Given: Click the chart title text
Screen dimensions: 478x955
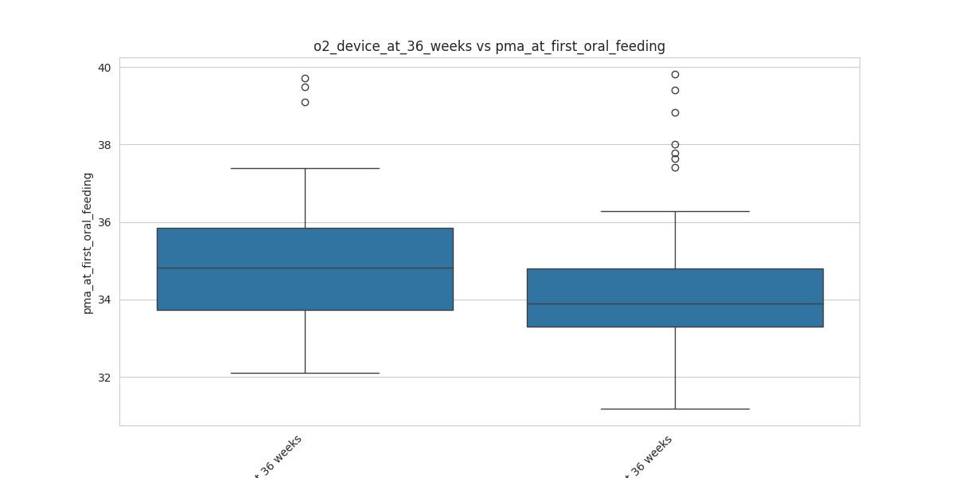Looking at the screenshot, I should [489, 46].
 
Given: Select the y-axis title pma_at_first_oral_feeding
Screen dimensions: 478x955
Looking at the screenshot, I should [88, 243].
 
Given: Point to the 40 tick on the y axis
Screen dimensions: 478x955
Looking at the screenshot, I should [104, 68].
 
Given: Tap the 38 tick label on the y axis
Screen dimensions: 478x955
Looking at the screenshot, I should [104, 145].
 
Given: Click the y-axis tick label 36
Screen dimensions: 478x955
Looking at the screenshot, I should [104, 222].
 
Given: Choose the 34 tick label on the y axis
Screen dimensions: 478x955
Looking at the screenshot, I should [104, 300].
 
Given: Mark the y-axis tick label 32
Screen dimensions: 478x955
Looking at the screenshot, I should [104, 377].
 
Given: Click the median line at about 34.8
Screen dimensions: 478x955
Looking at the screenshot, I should [305, 268].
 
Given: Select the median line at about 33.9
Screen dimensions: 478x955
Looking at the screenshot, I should [675, 304].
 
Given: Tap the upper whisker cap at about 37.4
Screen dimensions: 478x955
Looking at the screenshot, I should [305, 168].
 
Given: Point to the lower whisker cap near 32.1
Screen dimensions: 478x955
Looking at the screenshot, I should [305, 373].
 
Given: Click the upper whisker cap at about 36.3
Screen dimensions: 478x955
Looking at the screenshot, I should [675, 211].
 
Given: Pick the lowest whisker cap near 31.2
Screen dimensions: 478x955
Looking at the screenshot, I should [675, 409].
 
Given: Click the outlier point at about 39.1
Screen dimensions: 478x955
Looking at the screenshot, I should [305, 102].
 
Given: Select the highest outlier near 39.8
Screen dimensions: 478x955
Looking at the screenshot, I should [675, 74].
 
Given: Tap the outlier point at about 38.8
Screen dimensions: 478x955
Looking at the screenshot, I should [675, 112].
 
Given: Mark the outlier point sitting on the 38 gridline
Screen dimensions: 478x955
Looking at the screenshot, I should [675, 144].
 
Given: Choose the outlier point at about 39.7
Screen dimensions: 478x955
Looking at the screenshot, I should [305, 78].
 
